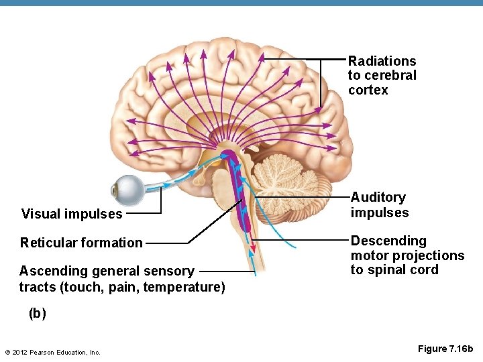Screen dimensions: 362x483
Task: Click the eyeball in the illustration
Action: pyautogui.click(x=127, y=190)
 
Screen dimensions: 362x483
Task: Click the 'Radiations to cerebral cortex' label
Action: pyautogui.click(x=382, y=76)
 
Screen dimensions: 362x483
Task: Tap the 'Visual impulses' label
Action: pyautogui.click(x=72, y=215)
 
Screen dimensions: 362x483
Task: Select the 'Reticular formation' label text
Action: pyautogui.click(x=81, y=243)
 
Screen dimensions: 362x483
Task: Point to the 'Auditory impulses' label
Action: pyautogui.click(x=379, y=205)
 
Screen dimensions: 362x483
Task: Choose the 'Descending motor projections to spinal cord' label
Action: pyautogui.click(x=407, y=255)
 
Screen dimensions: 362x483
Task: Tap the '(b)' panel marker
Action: pyautogui.click(x=38, y=314)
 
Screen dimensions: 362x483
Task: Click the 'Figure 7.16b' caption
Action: pyautogui.click(x=445, y=349)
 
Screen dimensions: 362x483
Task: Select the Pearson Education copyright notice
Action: pyautogui.click(x=52, y=352)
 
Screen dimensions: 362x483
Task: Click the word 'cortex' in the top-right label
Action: pyautogui.click(x=368, y=90)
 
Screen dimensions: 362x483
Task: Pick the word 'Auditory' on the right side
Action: pyautogui.click(x=378, y=198)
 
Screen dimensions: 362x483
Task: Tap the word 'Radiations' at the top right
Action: pyautogui.click(x=382, y=62)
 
